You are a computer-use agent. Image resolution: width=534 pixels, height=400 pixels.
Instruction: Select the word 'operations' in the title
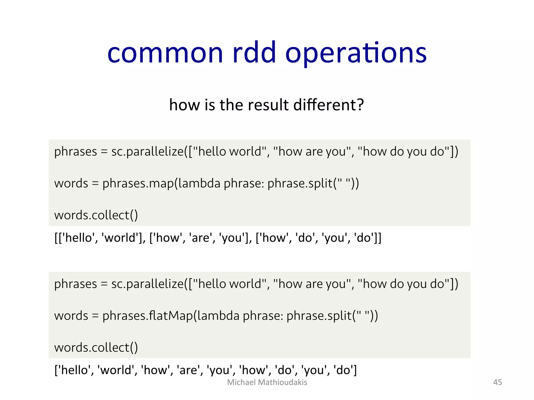click(x=356, y=53)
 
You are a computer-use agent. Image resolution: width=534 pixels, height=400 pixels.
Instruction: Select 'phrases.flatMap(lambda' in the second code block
click(x=171, y=316)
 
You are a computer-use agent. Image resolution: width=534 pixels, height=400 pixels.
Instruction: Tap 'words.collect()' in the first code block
click(x=96, y=215)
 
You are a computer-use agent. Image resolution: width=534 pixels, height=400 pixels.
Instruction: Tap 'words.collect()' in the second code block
click(x=96, y=347)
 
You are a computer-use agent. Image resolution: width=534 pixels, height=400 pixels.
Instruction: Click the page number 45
click(x=497, y=382)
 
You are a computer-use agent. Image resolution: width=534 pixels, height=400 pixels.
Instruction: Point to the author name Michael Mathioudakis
click(x=267, y=382)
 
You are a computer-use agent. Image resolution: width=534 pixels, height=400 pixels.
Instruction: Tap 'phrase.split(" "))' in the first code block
click(x=313, y=183)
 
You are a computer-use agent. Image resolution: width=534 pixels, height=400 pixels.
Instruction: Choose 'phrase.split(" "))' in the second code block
click(x=332, y=316)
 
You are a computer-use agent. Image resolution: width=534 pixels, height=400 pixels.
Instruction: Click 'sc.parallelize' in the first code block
click(x=148, y=152)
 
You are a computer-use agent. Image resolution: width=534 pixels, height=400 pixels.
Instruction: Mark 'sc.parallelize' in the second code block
click(x=148, y=284)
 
